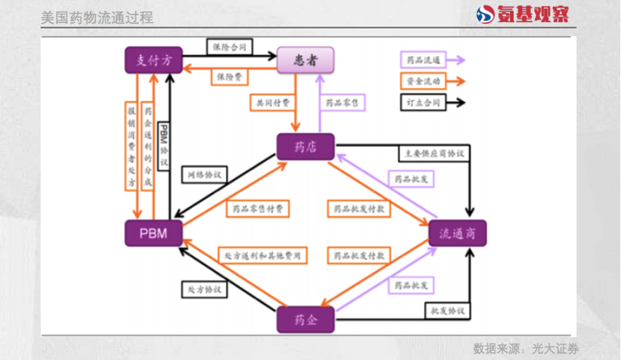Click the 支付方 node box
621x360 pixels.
(153, 60)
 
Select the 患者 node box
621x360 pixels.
(306, 60)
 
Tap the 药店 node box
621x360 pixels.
(306, 147)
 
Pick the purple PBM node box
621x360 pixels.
(153, 234)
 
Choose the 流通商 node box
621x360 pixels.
(458, 233)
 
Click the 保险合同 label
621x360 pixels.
(230, 47)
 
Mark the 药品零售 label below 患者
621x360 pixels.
(341, 103)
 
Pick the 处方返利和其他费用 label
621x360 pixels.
(262, 255)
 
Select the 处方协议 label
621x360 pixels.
(204, 290)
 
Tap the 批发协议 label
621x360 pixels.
(448, 311)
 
